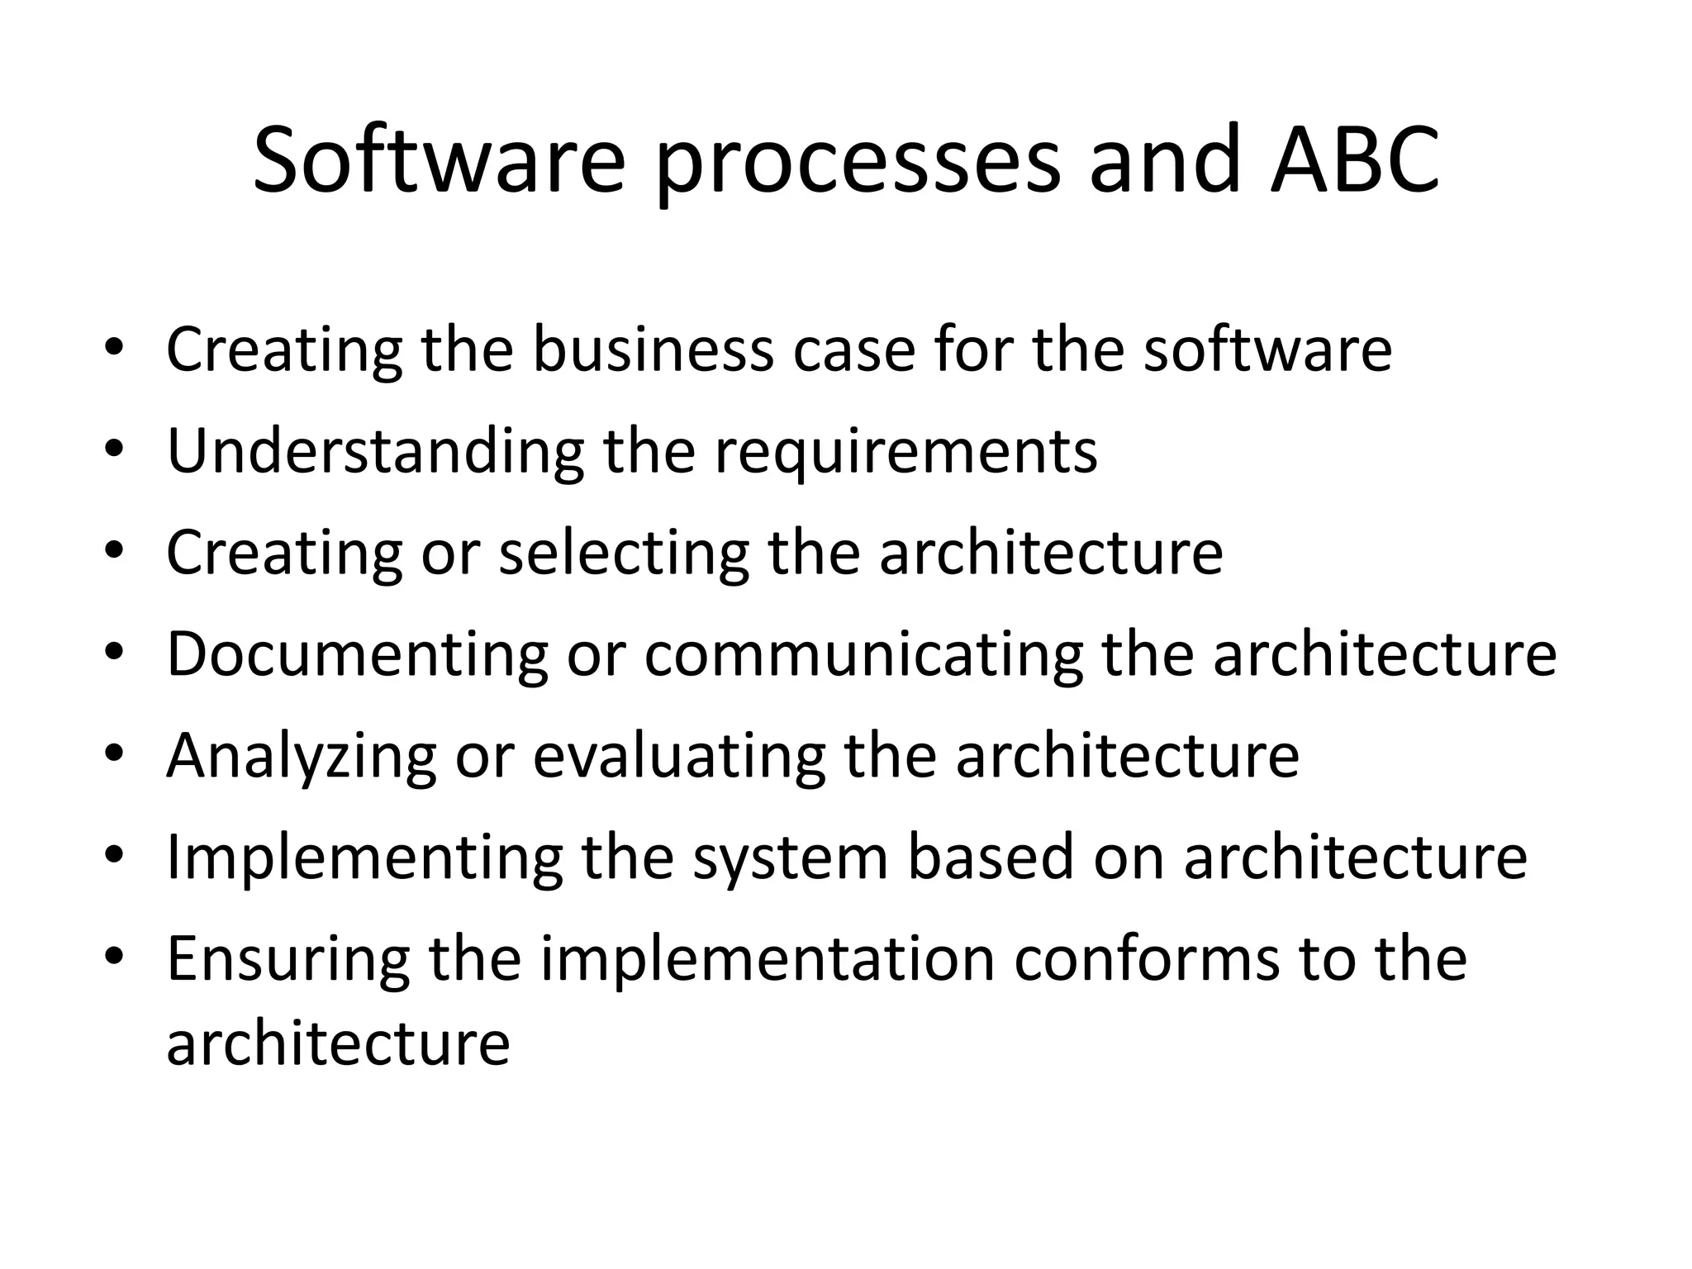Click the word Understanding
[x=375, y=453]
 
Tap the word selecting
[x=624, y=554]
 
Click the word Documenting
[x=357, y=655]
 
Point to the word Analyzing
[x=301, y=757]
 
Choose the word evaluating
[x=678, y=757]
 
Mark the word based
[x=990, y=858]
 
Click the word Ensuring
[x=288, y=960]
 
